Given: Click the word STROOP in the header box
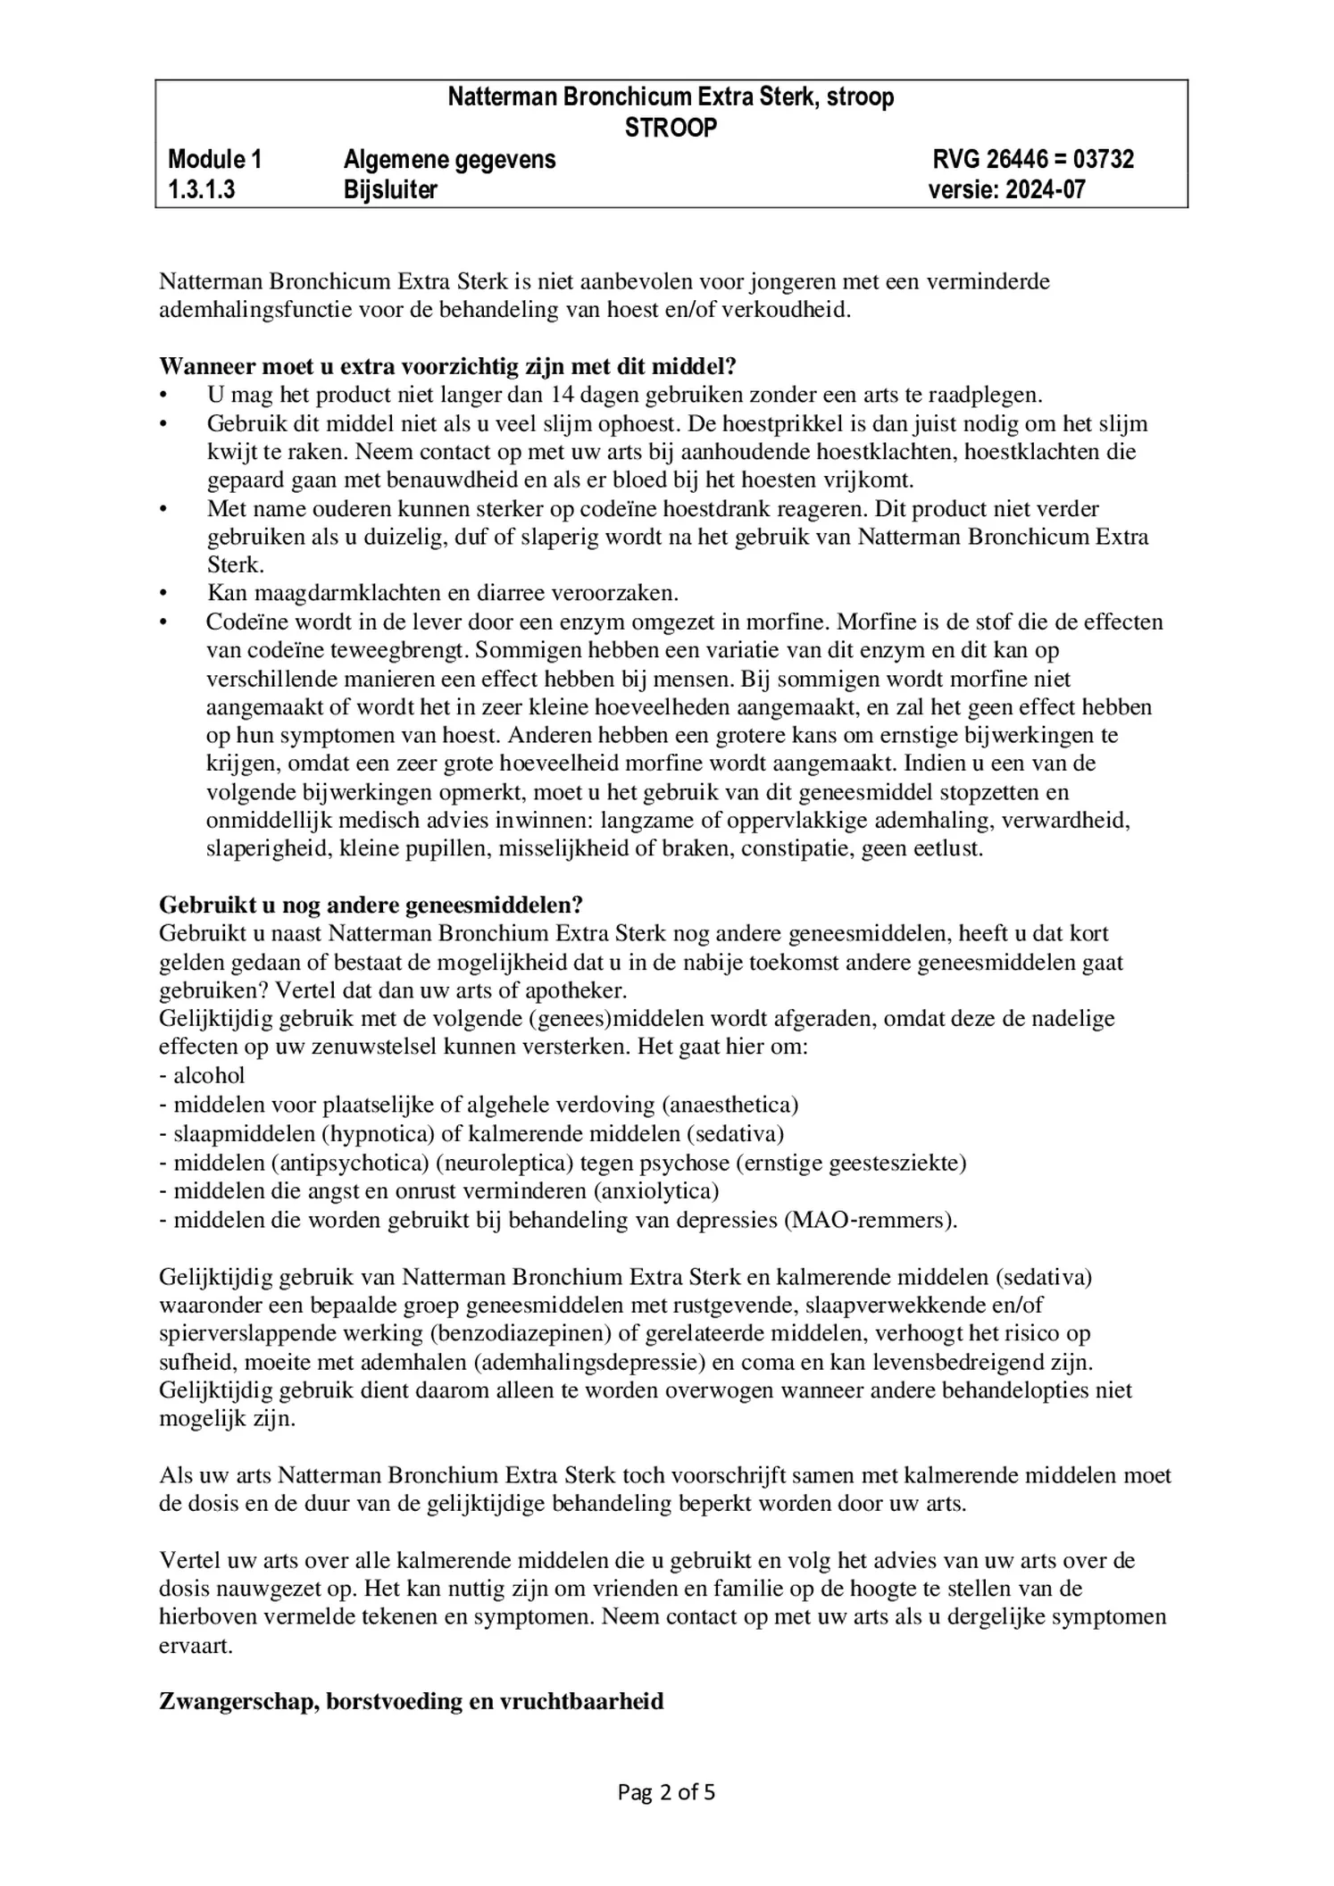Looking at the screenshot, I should click(x=671, y=129).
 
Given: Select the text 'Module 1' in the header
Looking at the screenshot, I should click(x=214, y=160).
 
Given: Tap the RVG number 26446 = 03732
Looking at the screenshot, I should click(x=1033, y=160).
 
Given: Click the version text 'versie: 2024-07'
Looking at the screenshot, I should click(x=1006, y=189).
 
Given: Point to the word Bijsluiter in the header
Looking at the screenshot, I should click(x=390, y=189).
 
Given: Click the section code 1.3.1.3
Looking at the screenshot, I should click(x=201, y=189).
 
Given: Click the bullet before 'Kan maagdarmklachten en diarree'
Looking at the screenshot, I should click(x=164, y=593).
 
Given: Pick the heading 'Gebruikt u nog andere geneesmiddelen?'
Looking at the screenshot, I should click(x=371, y=905).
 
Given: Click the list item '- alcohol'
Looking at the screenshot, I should click(x=203, y=1075).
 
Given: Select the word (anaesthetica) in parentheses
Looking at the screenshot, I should click(x=730, y=1105).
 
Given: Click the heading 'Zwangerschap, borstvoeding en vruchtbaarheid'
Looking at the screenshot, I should click(x=411, y=1701).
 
